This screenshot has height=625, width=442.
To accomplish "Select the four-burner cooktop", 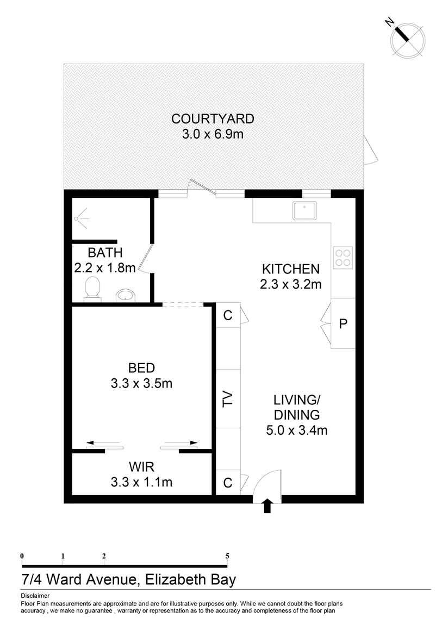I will pos(343,257).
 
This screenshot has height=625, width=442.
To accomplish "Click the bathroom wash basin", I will pos(126,295).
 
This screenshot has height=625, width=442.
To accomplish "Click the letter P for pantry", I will pos(343,324).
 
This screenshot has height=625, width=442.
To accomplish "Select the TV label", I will pos(228,398).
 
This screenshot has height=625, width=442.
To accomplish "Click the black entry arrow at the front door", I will pos(267,506).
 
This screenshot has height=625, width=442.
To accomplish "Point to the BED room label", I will pos(141,367).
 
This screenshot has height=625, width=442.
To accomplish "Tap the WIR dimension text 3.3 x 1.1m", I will pos(141,482).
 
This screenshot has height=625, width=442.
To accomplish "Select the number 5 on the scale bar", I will pos(227,555).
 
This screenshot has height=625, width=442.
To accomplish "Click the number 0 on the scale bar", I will pos(22,555).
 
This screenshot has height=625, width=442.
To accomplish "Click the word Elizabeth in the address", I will pos(175,579).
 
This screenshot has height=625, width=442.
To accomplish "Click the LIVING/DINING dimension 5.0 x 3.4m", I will pos(296,431).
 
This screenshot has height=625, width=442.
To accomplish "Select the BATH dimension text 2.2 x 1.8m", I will pos(104,267).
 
